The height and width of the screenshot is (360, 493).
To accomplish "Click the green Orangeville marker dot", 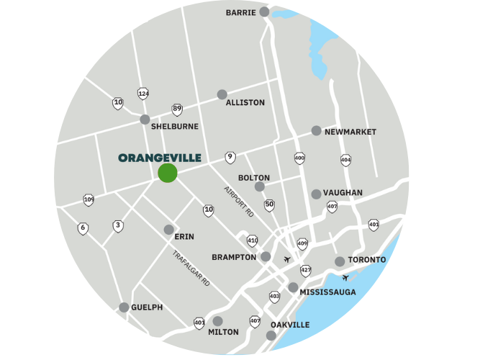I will (168, 173).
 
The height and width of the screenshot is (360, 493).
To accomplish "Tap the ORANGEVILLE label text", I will (159, 158).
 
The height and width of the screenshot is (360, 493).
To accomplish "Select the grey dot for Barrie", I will (264, 12).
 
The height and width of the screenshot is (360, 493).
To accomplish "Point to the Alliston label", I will (245, 103).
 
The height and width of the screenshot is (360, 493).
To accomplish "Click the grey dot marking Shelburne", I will (145, 120).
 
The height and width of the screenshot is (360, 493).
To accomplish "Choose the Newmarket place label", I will (350, 132).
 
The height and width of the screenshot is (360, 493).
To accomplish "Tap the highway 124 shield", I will (143, 94).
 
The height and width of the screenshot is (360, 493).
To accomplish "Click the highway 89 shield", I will (177, 109).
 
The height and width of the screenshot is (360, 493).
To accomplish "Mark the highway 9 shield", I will (230, 157).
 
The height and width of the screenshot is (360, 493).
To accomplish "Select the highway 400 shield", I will (299, 158).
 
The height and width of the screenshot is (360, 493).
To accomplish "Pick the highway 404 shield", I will (345, 160).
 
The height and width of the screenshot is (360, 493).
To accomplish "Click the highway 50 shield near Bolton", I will (269, 205).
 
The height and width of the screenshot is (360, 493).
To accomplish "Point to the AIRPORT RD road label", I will (239, 202).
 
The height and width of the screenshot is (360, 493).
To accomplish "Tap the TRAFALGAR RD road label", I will (191, 269).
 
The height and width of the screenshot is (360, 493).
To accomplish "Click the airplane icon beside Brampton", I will (288, 258).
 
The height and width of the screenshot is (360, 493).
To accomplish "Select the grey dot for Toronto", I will (340, 261).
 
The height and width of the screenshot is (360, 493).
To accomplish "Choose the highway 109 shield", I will (89, 199).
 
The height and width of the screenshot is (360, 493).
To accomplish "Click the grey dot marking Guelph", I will (124, 307).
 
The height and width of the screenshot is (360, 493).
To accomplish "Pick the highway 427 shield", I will (306, 271).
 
